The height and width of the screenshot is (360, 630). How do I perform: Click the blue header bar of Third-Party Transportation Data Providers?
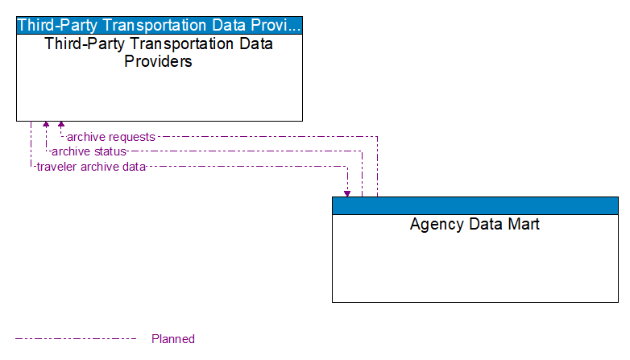point(160,24)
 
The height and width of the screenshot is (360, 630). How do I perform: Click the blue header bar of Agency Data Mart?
point(475,205)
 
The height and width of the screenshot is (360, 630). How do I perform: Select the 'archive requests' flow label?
point(110,137)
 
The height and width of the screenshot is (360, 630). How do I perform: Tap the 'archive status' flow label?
point(89,151)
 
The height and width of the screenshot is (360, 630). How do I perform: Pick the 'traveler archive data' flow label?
point(91,167)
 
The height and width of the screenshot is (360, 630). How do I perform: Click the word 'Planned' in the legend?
point(173,339)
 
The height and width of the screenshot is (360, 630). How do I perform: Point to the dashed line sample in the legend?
point(76,339)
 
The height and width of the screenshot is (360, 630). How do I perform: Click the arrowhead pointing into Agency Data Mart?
point(347,192)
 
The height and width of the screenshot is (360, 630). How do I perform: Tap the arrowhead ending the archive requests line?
point(61,126)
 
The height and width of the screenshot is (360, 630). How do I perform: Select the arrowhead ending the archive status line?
point(46,126)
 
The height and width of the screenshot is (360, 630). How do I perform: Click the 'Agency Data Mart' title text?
point(475,224)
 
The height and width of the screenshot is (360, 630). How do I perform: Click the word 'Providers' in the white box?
point(158,61)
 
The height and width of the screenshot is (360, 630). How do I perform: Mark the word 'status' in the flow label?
point(110,151)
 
